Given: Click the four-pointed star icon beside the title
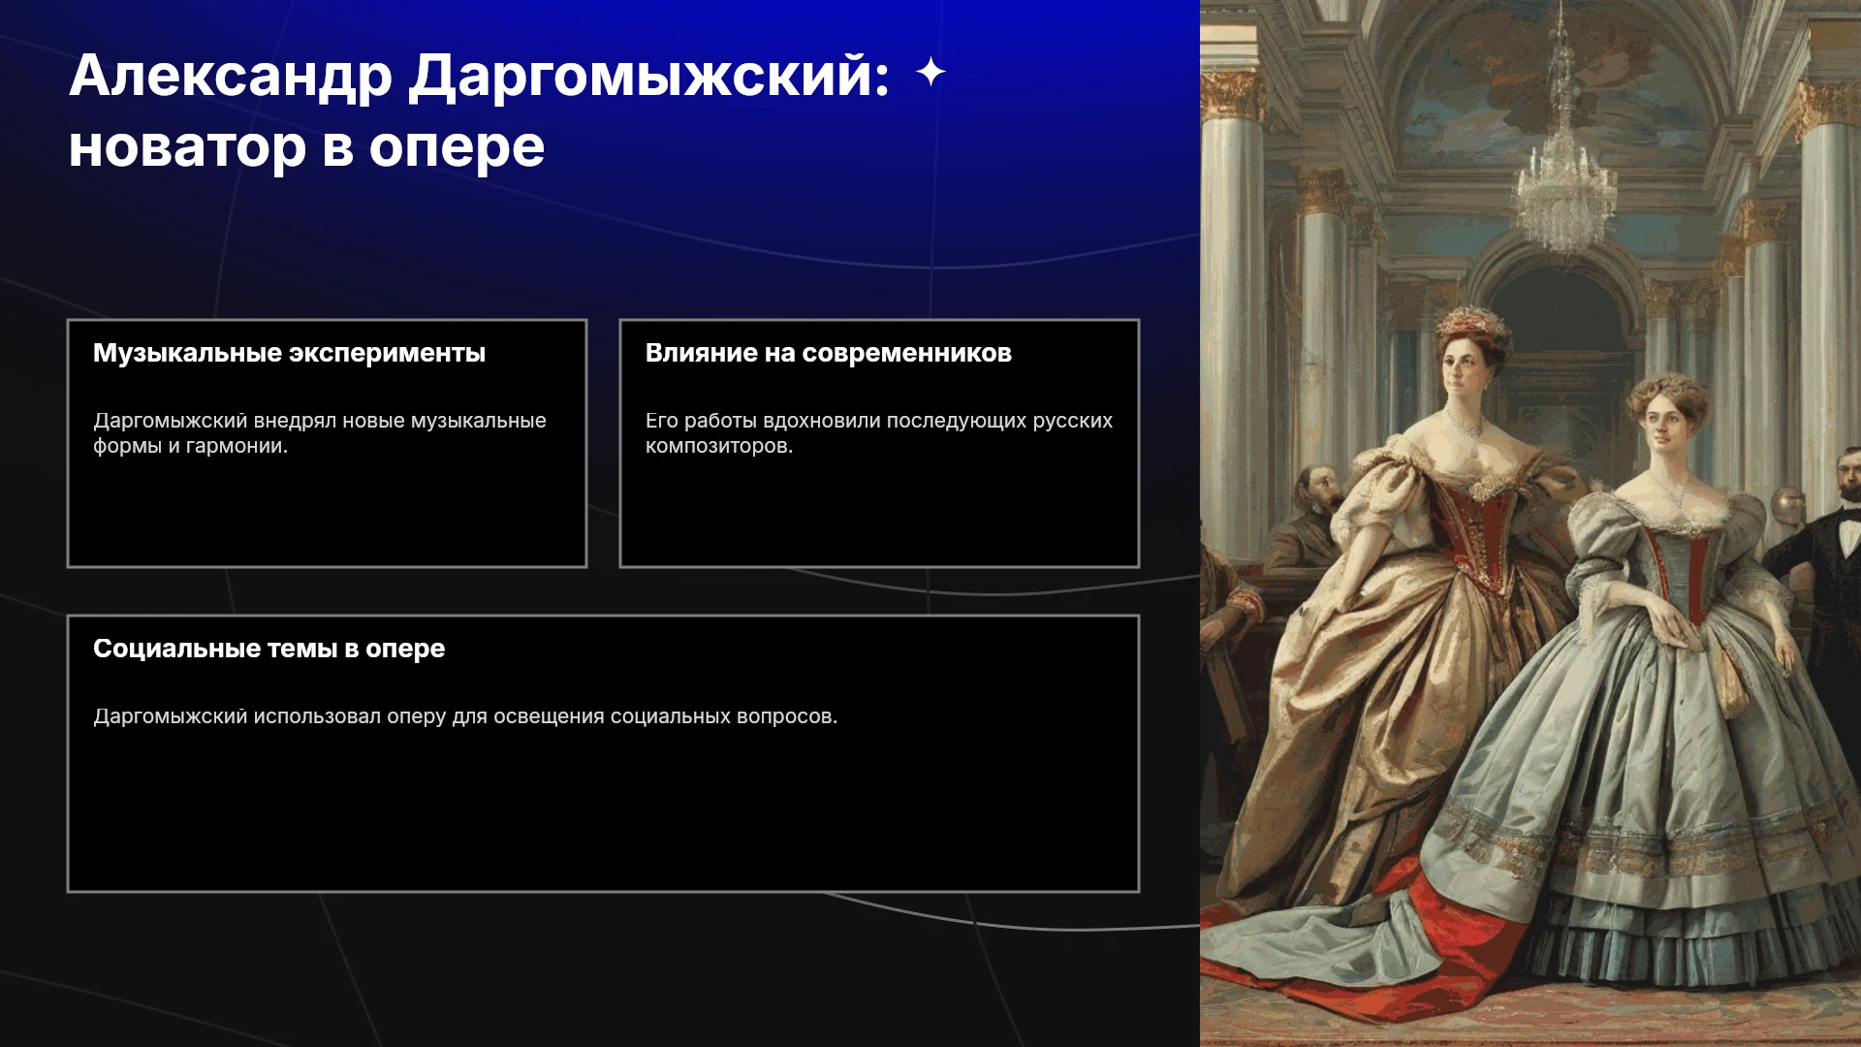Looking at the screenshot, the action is click(x=930, y=72).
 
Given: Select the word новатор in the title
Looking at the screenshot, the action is click(x=187, y=147).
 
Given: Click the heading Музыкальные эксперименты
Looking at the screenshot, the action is click(x=289, y=353).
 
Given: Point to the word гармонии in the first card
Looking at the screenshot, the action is click(x=237, y=446).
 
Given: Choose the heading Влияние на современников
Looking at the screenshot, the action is click(x=829, y=353).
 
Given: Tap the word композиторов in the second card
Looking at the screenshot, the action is click(x=719, y=446).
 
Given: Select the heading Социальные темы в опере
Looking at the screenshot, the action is click(x=268, y=649).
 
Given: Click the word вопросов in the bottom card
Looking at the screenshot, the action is click(x=787, y=716).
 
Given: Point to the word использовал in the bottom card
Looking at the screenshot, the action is click(x=317, y=716).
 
